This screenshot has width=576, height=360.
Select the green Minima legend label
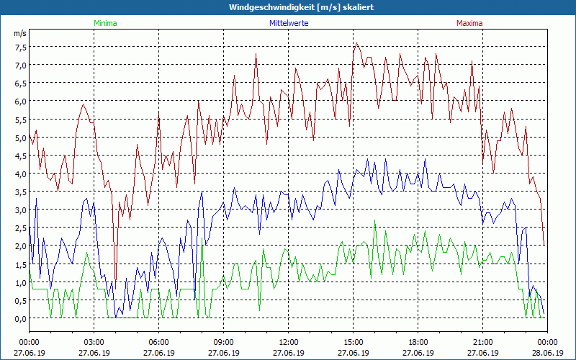pos(104,23)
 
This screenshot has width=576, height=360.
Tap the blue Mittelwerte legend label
pos(288,23)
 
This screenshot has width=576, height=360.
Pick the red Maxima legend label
pos(469,23)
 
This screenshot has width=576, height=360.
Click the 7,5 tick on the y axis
pos(20,48)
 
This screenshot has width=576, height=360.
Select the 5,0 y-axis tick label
pos(20,138)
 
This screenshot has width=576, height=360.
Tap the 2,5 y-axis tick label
pos(20,228)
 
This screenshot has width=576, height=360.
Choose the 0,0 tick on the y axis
pos(20,319)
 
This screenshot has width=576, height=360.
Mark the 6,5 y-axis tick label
pos(20,84)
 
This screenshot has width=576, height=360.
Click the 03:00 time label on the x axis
pos(94,342)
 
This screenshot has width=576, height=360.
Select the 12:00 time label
pos(289,342)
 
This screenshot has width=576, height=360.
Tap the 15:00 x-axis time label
pos(354,342)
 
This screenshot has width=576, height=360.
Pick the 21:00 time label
pos(483,342)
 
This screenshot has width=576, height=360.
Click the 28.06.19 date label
pos(547,354)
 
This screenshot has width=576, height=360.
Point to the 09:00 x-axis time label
pos(224,342)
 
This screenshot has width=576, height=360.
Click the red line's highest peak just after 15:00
pos(356,43)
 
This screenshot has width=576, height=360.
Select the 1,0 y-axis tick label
pos(20,283)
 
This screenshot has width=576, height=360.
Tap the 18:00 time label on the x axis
pos(418,342)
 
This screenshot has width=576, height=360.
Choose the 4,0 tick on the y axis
pos(20,174)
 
